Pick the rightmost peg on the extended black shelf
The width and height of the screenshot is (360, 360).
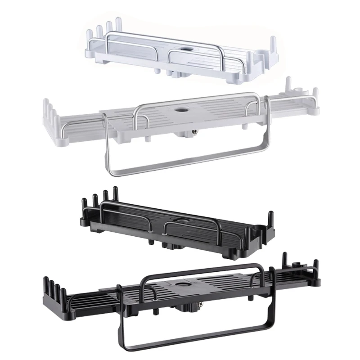(x=316, y=267)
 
